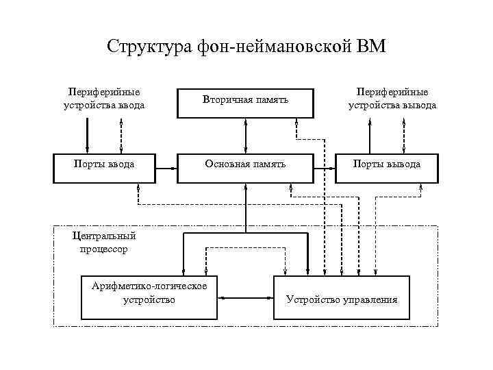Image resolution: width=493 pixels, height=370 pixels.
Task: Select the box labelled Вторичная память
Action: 245,101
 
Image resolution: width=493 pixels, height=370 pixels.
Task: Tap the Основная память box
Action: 245,165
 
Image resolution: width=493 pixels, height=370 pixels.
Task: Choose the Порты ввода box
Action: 103,165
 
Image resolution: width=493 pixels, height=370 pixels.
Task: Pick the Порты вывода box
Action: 386,165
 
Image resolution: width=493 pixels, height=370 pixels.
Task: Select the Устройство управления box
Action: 341,298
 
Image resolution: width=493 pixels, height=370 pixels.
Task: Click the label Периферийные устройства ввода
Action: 103,98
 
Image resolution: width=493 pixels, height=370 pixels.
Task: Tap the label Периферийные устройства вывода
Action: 392,98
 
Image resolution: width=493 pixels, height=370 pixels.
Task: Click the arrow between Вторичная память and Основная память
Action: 245,134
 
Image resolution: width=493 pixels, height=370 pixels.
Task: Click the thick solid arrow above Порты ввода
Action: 88,134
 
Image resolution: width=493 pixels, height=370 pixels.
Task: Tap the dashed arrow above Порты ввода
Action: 121,134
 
